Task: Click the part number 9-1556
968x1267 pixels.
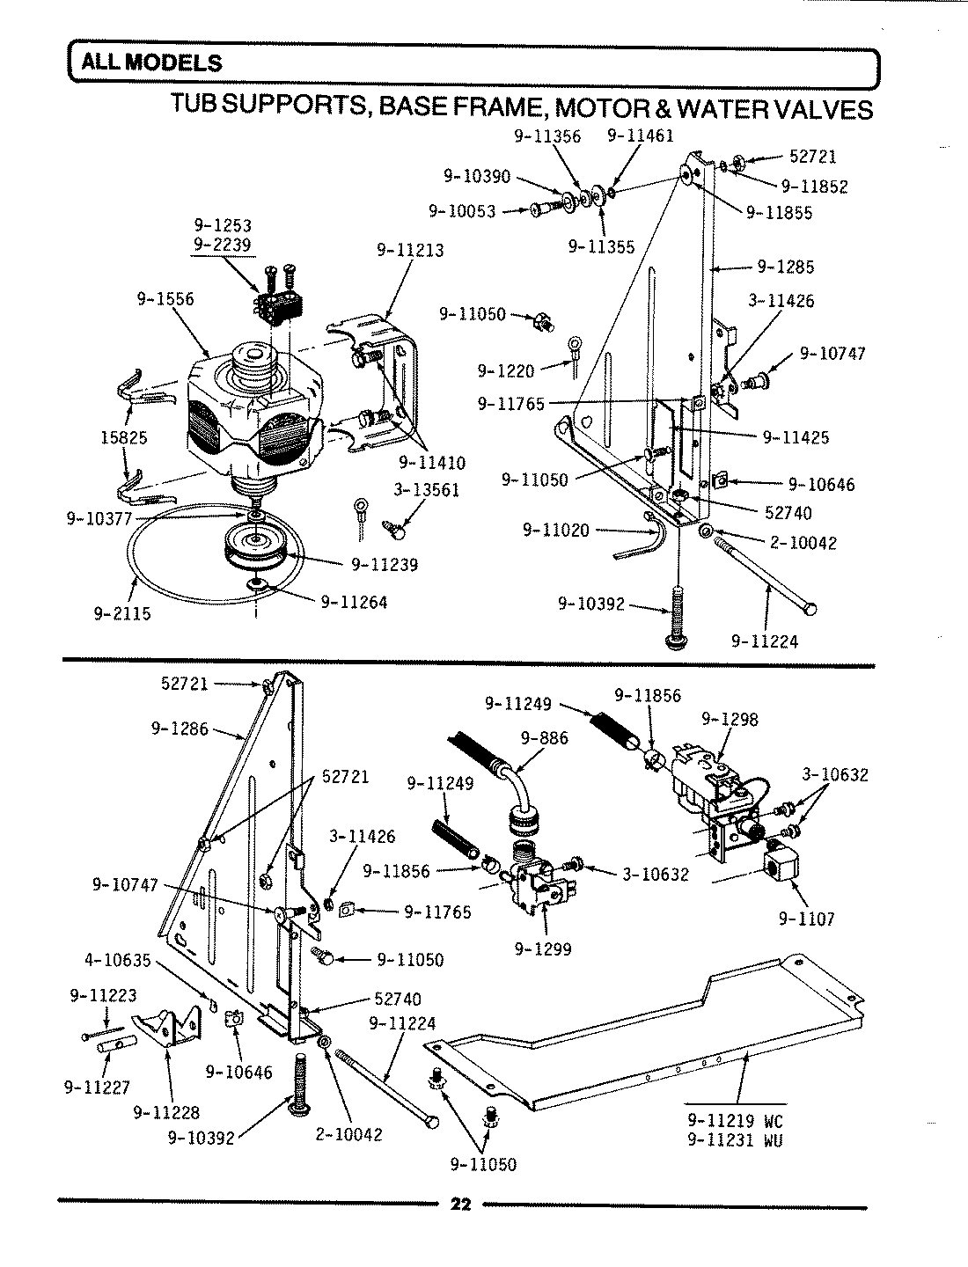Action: point(165,299)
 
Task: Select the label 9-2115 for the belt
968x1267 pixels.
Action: point(122,614)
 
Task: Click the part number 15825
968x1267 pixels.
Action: point(123,436)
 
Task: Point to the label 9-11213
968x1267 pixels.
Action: point(410,250)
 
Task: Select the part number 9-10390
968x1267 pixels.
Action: point(476,177)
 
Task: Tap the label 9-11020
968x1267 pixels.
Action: point(556,530)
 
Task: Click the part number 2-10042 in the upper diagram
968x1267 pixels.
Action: point(803,543)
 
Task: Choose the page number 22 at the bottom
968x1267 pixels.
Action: point(460,1205)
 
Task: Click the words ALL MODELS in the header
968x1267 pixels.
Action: point(151,63)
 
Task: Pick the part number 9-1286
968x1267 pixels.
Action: point(180,728)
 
